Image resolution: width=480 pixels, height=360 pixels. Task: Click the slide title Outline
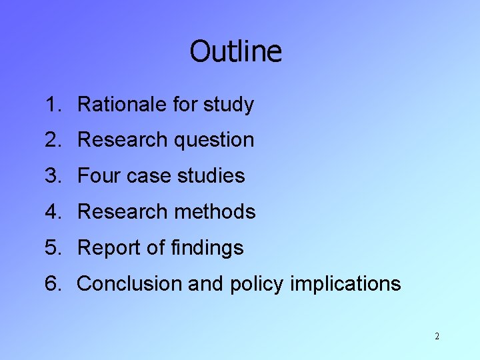pos(235,51)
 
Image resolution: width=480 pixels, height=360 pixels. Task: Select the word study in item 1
pos(228,105)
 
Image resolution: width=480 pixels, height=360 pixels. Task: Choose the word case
pos(141,177)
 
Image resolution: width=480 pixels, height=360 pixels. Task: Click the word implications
pos(346,285)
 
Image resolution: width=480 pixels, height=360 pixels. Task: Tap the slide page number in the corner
pos(437,337)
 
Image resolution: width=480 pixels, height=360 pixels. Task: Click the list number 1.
pos(52,105)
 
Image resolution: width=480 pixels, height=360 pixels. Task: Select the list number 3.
pos(52,176)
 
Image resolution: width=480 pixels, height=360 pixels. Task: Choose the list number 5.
pos(52,248)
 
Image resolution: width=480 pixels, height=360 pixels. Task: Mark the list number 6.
pos(52,284)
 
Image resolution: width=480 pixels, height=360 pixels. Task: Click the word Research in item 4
pos(122,212)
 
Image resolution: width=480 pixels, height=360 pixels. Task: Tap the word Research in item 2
pos(122,140)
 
